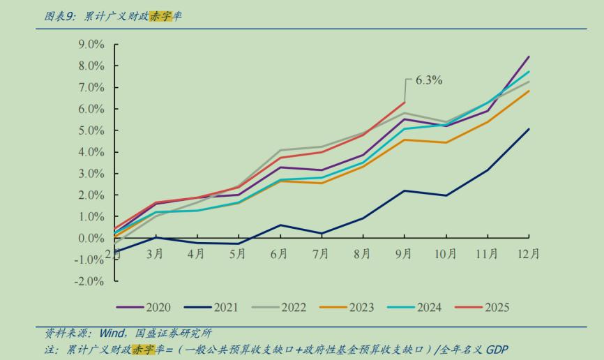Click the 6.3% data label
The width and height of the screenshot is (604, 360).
tap(429, 80)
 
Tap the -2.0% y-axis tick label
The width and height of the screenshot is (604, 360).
tap(89, 281)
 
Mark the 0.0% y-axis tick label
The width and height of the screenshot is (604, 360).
tap(90, 239)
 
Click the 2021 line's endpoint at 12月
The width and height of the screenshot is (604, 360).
tap(529, 129)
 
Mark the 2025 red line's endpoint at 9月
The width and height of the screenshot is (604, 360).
tap(405, 103)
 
